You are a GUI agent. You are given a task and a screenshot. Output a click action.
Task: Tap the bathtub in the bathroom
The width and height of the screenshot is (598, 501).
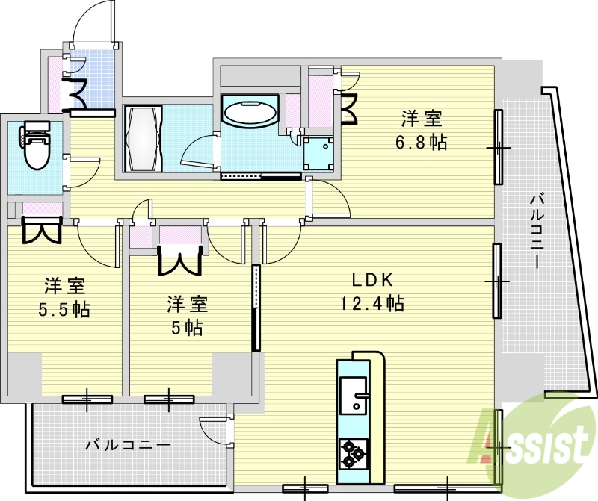pos(142,140)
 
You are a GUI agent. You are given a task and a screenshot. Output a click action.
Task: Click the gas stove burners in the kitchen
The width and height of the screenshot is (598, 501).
pos(351,452)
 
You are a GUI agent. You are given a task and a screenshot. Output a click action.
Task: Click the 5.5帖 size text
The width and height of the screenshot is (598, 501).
pos(64,309)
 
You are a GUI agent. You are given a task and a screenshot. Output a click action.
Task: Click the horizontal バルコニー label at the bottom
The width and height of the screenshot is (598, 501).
pos(128,445)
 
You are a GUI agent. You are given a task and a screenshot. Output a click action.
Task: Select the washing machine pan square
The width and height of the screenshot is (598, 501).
pos(318,152)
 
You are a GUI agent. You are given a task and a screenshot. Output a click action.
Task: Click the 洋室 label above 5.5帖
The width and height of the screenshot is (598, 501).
pos(64,285)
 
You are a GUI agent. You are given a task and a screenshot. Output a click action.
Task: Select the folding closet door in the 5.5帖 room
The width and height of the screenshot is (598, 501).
pos(40,230)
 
